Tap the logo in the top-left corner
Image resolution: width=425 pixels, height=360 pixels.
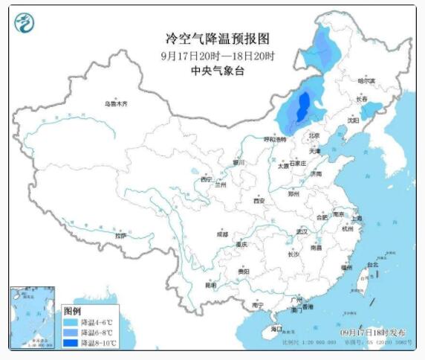tap(25, 26)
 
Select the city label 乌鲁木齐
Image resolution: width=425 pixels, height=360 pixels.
tap(116, 104)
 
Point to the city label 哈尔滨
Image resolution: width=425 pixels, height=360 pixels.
tap(366, 80)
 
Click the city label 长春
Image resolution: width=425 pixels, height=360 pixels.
tap(361, 98)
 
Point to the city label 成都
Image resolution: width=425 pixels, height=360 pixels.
tap(222, 234)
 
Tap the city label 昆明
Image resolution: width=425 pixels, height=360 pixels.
tap(211, 285)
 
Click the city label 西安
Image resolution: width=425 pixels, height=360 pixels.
tap(258, 200)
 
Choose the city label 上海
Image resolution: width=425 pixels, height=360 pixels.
tap(357, 218)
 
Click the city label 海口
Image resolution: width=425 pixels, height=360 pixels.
tap(276, 328)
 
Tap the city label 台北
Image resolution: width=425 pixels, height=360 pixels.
tap(372, 264)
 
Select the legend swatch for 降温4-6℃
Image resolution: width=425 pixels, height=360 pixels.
tap(72, 322)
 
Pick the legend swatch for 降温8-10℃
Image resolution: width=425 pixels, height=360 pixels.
tap(72, 343)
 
